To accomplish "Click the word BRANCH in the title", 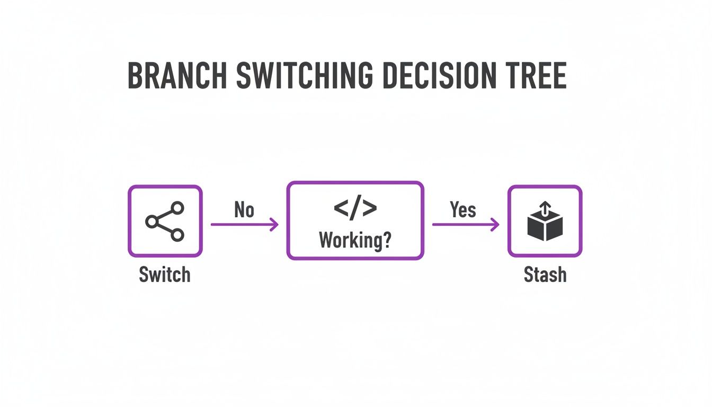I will (x=178, y=77).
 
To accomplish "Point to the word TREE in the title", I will (x=537, y=77).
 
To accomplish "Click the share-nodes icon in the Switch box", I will (x=165, y=221).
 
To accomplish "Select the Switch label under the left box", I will (x=164, y=275).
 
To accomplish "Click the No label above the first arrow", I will (x=244, y=210).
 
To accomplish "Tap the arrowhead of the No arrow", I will (x=274, y=225).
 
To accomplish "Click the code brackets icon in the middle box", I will (x=355, y=209).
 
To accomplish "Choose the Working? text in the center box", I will (x=355, y=241).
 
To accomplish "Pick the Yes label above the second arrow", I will (x=463, y=210).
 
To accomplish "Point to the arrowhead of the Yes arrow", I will (x=495, y=225).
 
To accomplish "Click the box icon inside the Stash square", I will (x=545, y=222).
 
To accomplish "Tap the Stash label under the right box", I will (x=545, y=275).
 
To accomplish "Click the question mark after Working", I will (x=387, y=241).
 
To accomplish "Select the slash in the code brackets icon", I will (x=355, y=209).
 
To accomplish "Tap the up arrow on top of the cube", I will (x=545, y=208).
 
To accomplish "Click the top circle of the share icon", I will (x=177, y=208).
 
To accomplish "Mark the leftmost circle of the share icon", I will (x=152, y=222).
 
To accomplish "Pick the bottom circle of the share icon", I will (x=177, y=235).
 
